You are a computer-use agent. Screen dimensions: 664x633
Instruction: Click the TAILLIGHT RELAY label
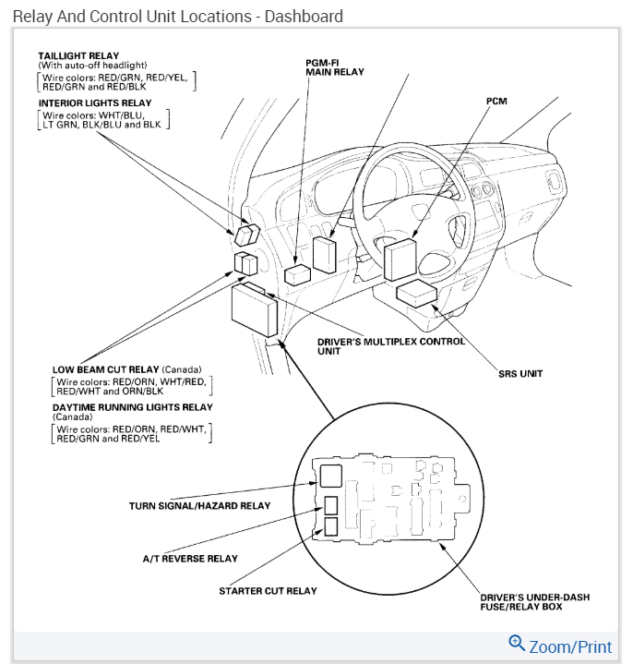(78, 55)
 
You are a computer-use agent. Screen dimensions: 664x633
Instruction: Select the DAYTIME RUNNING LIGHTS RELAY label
(133, 406)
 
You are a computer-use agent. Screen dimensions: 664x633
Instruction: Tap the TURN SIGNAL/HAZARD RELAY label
(199, 506)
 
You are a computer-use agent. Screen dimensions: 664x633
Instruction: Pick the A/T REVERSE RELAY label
(189, 559)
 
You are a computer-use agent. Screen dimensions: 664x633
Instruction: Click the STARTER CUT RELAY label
(268, 591)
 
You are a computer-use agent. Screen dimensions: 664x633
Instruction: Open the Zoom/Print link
(570, 646)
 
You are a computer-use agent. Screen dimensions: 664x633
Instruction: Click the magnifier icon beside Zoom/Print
(517, 644)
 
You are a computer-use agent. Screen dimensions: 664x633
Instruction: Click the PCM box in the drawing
(401, 259)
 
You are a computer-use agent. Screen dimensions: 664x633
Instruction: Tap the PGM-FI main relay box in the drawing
(324, 254)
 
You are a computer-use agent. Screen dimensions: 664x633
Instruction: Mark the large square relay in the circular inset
(330, 475)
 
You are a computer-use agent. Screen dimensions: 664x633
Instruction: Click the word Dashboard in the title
(304, 16)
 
